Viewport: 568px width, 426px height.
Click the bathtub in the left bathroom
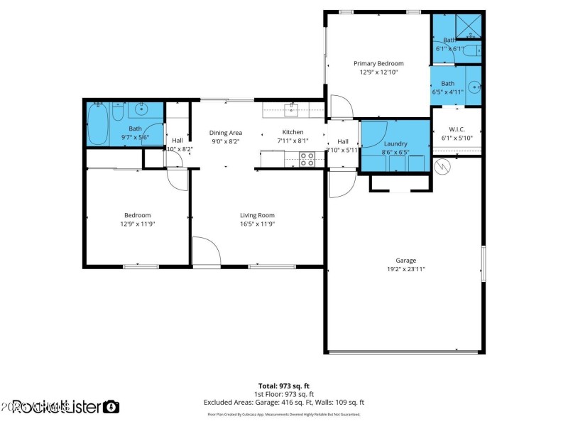pyautogui.click(x=98, y=123)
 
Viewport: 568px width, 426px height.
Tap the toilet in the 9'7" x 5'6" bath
pyautogui.click(x=118, y=110)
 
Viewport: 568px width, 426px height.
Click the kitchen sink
pyautogui.click(x=291, y=109)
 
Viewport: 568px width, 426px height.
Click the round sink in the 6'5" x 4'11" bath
pyautogui.click(x=474, y=88)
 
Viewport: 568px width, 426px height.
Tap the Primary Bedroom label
pyautogui.click(x=378, y=63)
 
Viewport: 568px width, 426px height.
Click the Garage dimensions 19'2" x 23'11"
pyautogui.click(x=405, y=269)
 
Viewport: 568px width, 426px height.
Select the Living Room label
pyautogui.click(x=257, y=215)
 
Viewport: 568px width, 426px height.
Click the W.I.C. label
pyautogui.click(x=456, y=129)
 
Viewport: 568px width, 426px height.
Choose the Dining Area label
pyautogui.click(x=226, y=133)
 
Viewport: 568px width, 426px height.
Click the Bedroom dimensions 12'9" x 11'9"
pyautogui.click(x=138, y=224)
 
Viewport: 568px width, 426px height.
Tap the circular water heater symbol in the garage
pyautogui.click(x=442, y=166)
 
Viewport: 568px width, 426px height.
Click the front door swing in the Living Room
pyautogui.click(x=206, y=252)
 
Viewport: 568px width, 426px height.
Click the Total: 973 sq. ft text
pyautogui.click(x=283, y=386)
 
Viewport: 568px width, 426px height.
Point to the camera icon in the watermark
pyautogui.click(x=111, y=407)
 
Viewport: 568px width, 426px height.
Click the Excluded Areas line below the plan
pyautogui.click(x=283, y=402)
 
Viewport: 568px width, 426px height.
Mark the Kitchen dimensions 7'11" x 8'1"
pyautogui.click(x=293, y=141)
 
